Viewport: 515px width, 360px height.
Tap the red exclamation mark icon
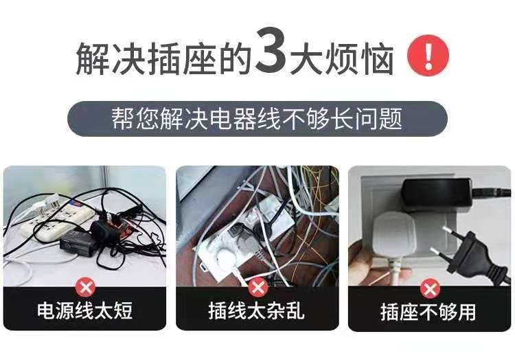tap(427, 56)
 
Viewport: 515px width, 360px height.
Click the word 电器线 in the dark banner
tap(255, 119)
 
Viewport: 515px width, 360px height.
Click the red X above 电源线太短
tap(84, 287)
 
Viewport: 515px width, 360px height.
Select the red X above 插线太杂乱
tap(257, 287)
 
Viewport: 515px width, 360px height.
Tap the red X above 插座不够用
tap(430, 287)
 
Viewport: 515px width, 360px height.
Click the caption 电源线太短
tap(84, 311)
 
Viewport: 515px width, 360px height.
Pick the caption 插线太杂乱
tap(257, 311)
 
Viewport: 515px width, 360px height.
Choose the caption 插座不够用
tap(430, 311)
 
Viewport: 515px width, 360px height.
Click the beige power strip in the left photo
tap(55, 223)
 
